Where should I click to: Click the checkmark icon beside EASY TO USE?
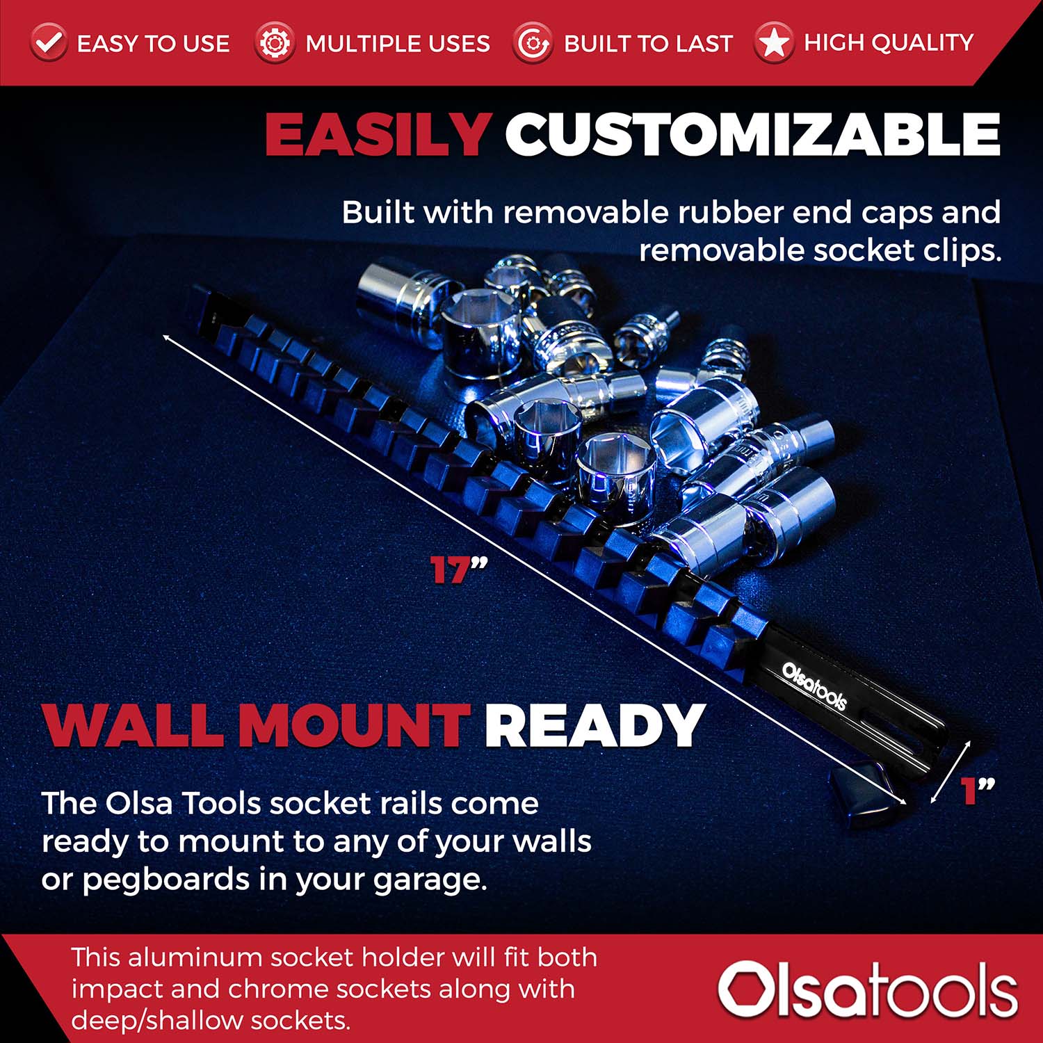48,43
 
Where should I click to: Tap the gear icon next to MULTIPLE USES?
274,43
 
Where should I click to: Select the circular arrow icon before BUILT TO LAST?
533,43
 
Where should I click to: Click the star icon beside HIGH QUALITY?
773,43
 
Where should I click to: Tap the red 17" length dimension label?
458,570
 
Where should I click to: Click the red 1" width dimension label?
977,791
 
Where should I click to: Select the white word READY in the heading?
595,725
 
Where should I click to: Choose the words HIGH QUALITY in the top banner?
888,43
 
